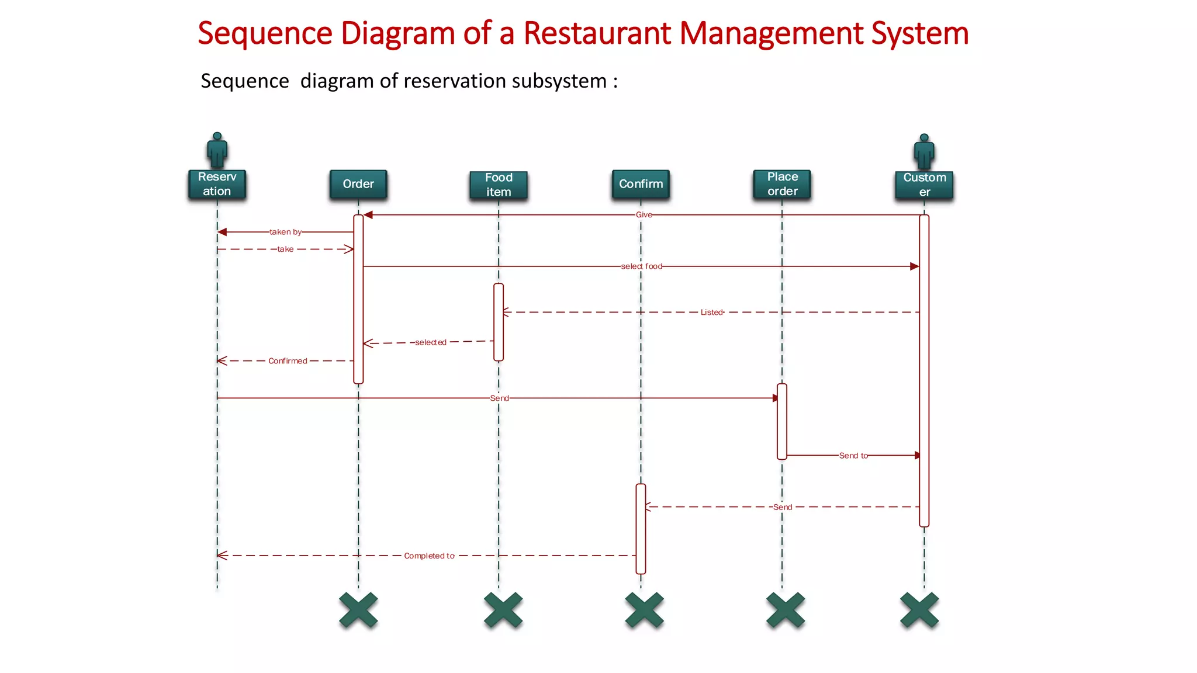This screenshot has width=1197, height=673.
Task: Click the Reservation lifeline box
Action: (x=217, y=184)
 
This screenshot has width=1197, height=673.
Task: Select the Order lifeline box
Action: (x=358, y=184)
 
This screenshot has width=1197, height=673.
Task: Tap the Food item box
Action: (x=498, y=185)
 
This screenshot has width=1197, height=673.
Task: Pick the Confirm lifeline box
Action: (x=641, y=184)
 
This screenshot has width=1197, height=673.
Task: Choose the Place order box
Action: (x=782, y=184)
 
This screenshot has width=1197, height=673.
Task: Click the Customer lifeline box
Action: (x=924, y=185)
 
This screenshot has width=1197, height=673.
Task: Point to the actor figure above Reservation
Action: (x=217, y=150)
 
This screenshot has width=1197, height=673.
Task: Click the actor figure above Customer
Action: (x=924, y=151)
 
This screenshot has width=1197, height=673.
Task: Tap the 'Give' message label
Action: (x=644, y=215)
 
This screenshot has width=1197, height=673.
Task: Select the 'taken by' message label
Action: (x=285, y=232)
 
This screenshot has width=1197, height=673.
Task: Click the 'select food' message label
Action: (x=641, y=266)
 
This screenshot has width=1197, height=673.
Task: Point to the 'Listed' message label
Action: (x=711, y=313)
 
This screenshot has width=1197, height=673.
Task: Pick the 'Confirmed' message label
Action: (x=288, y=361)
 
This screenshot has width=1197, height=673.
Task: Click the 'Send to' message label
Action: (x=853, y=456)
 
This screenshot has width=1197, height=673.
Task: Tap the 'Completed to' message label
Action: (x=429, y=556)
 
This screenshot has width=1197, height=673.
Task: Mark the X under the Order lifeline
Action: (x=358, y=610)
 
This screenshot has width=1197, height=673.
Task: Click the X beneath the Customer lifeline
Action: (x=919, y=610)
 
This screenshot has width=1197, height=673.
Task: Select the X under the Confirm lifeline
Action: (x=644, y=610)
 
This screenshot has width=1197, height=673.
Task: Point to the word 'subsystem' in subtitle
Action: (x=559, y=81)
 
